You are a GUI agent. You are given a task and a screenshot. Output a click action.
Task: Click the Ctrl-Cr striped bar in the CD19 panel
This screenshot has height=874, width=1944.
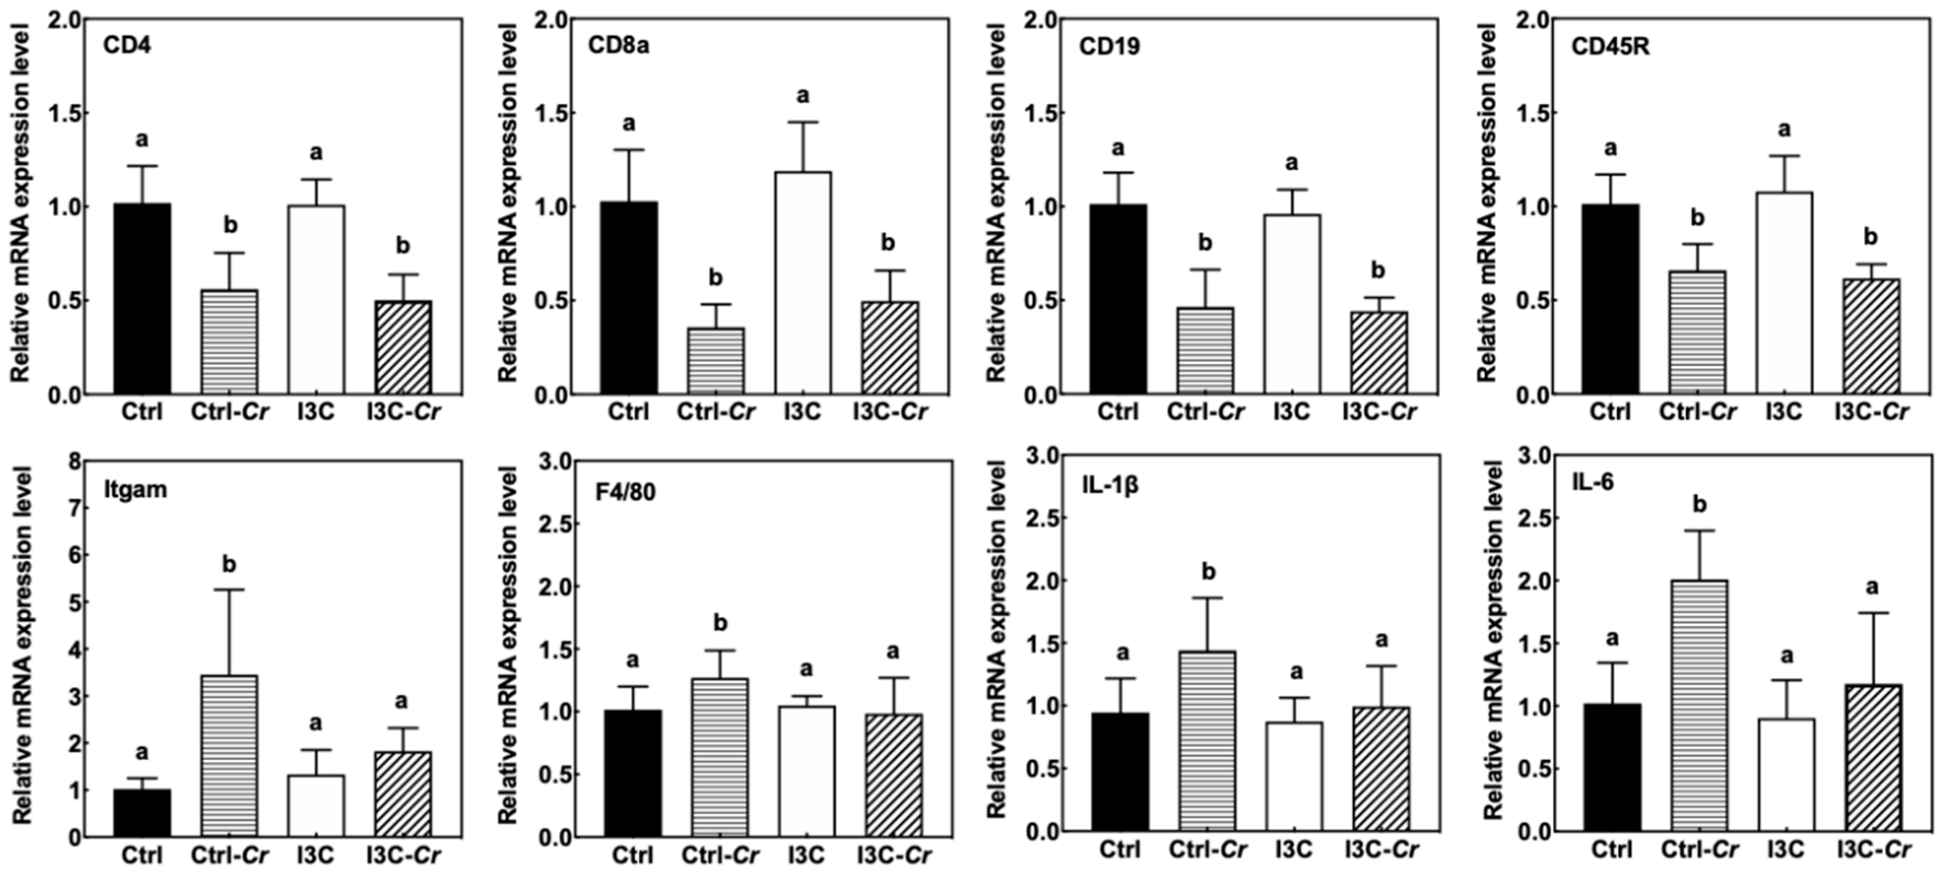tap(1205, 350)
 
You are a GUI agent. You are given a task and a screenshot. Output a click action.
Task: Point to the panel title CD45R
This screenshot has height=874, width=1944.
tap(1609, 47)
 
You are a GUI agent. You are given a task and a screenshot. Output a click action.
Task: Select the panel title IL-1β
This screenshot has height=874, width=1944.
tap(1109, 485)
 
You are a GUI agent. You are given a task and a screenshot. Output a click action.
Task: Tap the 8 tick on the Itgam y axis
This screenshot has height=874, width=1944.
tap(75, 461)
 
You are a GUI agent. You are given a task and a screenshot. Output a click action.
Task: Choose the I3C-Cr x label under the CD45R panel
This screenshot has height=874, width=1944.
tap(1871, 412)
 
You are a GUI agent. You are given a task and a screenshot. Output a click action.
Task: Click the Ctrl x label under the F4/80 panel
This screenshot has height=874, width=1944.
tap(632, 855)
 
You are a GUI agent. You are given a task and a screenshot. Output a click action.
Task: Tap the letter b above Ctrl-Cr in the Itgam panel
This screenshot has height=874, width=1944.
tap(229, 564)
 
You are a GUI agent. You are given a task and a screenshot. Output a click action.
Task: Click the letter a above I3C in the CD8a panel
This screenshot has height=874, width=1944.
tap(803, 95)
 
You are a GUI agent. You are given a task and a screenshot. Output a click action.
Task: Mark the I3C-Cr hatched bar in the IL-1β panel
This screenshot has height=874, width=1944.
tap(1381, 769)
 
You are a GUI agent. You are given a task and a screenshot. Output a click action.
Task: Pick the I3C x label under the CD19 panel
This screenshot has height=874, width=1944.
tap(1291, 412)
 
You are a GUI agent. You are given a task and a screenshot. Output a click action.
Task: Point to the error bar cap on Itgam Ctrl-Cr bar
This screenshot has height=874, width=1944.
tap(229, 589)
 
